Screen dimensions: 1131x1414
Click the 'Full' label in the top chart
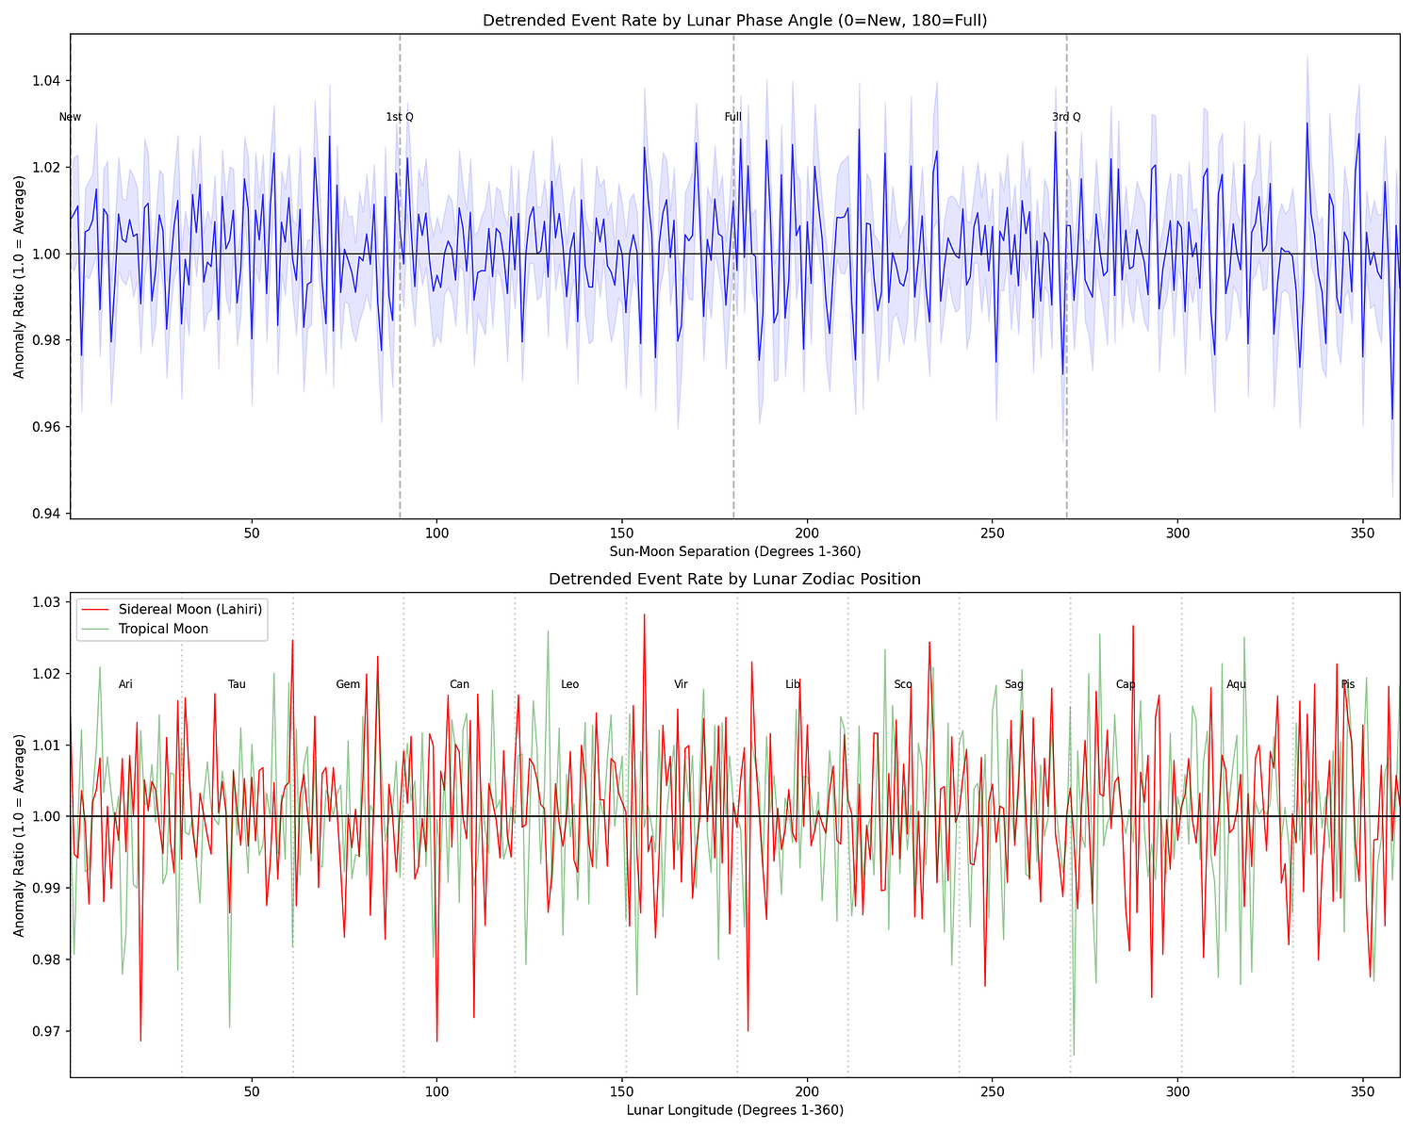[733, 117]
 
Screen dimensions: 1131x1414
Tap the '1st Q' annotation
[400, 117]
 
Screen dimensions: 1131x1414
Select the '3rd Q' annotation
[1066, 117]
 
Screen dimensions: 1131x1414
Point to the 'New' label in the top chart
[70, 117]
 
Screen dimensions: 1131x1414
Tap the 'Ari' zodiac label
[125, 684]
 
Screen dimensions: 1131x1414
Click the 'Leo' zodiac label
[570, 684]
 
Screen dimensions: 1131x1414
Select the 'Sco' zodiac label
[903, 684]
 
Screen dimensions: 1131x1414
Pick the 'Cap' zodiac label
[1126, 684]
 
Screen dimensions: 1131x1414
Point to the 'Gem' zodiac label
[348, 684]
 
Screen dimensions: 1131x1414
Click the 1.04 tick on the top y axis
[45, 80]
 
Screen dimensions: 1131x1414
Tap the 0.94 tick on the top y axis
[45, 514]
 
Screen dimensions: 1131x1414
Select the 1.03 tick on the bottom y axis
[45, 602]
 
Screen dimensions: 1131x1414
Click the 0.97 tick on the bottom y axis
[45, 1031]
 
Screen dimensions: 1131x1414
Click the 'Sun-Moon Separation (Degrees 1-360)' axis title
[734, 551]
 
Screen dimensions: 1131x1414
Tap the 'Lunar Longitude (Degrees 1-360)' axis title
[734, 1109]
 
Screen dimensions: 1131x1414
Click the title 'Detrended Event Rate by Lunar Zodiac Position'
[734, 579]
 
